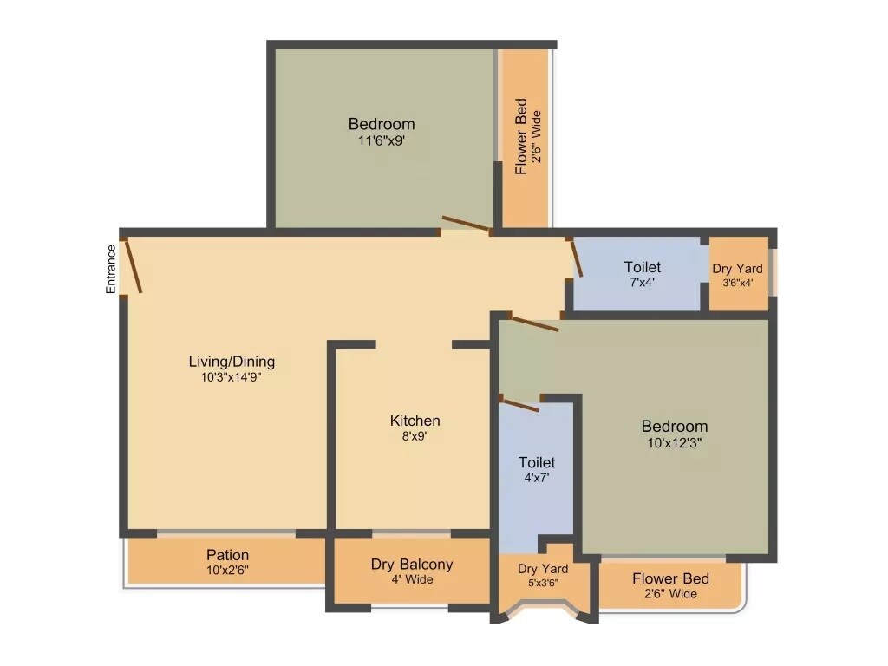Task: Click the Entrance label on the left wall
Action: tap(111, 269)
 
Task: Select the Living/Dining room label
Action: tap(232, 362)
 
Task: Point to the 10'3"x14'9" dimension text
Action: tap(232, 377)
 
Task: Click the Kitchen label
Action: tap(415, 421)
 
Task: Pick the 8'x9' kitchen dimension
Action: tap(415, 436)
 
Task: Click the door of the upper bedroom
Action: tap(467, 225)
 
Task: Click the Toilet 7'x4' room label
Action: tap(642, 267)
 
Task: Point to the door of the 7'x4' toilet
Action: tap(576, 258)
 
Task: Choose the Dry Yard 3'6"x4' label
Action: tap(738, 269)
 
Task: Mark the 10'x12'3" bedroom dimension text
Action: tap(675, 442)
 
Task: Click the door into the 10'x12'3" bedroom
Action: tap(534, 323)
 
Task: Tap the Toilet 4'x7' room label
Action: tap(537, 462)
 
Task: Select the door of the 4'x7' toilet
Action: tap(519, 404)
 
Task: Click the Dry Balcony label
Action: tap(412, 565)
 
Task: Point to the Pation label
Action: tap(228, 555)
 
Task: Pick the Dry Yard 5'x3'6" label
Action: tap(543, 569)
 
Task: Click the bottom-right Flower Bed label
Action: tap(670, 578)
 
